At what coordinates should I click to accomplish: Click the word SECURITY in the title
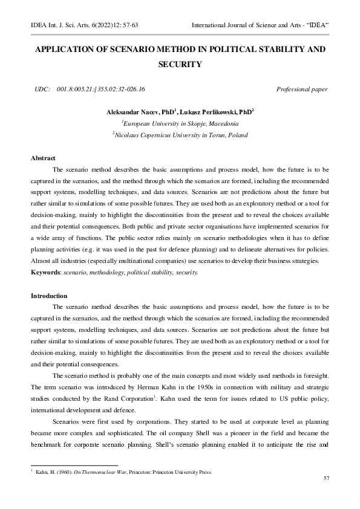[x=179, y=63]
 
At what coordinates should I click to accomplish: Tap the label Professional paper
[x=302, y=89]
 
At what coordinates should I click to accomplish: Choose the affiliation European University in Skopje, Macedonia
[x=180, y=123]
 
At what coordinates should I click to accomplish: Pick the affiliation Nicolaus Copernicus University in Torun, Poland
[x=180, y=135]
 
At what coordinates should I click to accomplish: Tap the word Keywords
[x=46, y=273]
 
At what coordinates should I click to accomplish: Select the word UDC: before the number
[x=42, y=89]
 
